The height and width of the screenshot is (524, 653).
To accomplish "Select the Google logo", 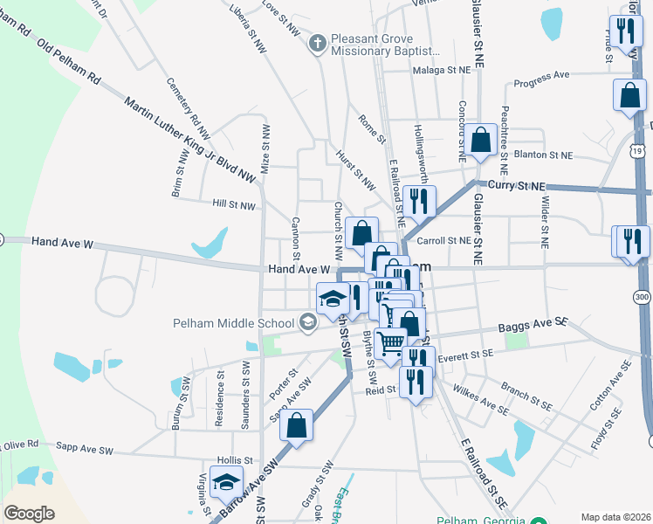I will coord(29,514).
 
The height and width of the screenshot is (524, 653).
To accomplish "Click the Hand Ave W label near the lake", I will coord(62,242).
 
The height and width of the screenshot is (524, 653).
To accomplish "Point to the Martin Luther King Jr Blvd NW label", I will coord(192,140).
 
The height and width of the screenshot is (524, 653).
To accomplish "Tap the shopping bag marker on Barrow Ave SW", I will coord(297,426).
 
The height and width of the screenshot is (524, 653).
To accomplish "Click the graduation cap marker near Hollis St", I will coord(227,482).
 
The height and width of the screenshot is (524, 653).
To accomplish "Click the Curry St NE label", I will coord(516,187).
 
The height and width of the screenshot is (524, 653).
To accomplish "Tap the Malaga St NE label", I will coord(442,70).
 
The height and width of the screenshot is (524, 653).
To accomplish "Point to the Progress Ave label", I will coord(541,80).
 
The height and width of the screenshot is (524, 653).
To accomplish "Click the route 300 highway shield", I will coord(643,299).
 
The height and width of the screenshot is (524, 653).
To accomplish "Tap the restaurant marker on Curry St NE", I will coord(419,202).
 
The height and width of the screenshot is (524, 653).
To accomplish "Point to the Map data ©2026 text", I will coord(615,517).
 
